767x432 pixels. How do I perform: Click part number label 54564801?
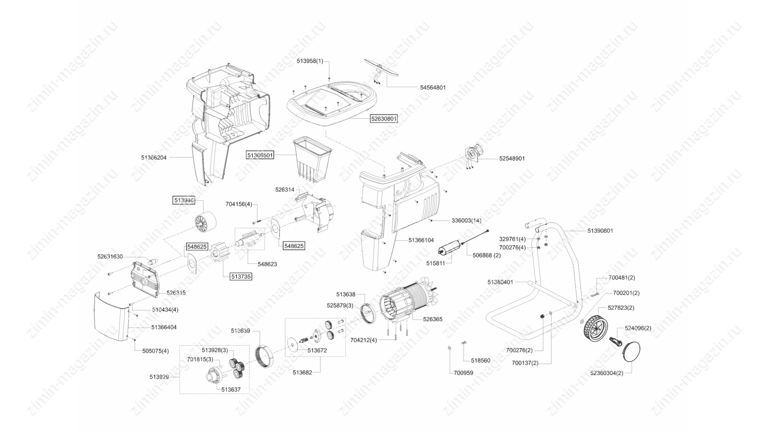[433, 87]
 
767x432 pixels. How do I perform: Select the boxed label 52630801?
[384, 119]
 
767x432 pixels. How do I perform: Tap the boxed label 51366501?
[260, 155]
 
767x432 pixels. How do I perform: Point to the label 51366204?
[154, 158]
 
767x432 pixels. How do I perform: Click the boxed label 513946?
[184, 200]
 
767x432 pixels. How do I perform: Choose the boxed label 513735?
[241, 276]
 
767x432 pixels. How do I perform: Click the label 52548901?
[512, 158]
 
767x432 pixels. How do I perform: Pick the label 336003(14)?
[466, 220]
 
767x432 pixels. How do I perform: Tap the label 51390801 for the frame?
[600, 231]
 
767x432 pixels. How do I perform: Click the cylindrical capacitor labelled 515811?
[450, 247]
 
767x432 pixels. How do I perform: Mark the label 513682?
[302, 372]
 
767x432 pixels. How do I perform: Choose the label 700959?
[463, 373]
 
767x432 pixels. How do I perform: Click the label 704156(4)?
[238, 204]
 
